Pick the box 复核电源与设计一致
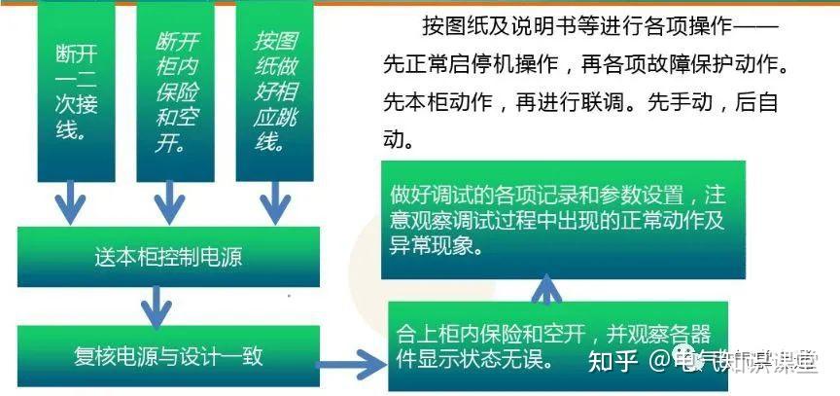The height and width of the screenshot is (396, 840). (x=168, y=355)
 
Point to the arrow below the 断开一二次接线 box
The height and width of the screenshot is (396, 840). (x=69, y=202)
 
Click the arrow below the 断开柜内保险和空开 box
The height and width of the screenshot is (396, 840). (x=169, y=202)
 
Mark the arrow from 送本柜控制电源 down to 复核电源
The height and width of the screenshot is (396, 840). (x=155, y=309)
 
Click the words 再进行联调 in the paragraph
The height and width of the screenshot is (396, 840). (x=564, y=102)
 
